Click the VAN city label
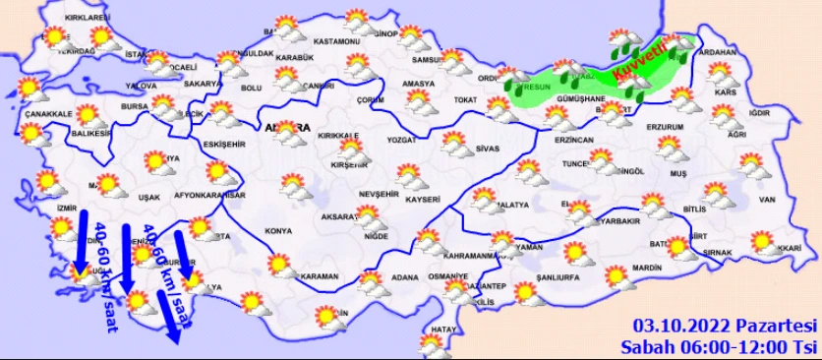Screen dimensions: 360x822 click(767, 200)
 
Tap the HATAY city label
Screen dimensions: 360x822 click(445, 328)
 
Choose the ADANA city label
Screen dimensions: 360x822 click(404, 277)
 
